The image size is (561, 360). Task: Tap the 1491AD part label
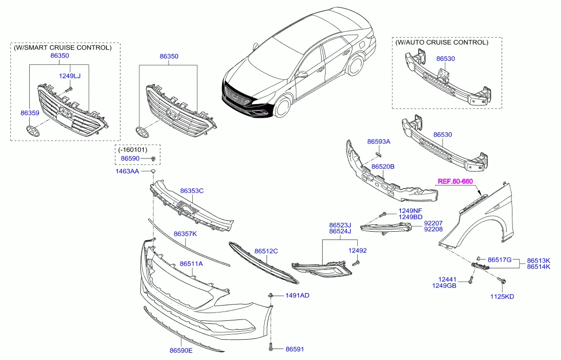(297, 295)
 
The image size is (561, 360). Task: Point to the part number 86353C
(192, 191)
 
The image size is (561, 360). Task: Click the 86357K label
(185, 233)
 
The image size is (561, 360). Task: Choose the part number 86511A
(191, 263)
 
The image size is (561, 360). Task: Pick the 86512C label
(266, 251)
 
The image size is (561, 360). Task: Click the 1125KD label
(502, 297)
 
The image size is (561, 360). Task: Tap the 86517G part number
(499, 260)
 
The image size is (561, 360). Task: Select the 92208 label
(433, 230)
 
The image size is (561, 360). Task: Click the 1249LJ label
(69, 76)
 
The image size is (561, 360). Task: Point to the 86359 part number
(30, 113)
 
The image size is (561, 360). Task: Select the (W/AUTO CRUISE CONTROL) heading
(442, 43)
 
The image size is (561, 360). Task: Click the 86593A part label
(379, 141)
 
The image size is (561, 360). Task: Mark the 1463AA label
(128, 171)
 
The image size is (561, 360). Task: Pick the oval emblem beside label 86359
(32, 131)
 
